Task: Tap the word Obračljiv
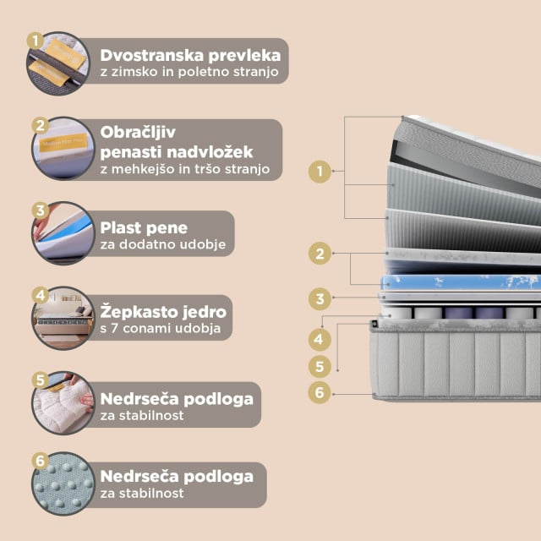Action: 139,134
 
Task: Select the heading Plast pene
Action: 144,227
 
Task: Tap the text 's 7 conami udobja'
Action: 161,328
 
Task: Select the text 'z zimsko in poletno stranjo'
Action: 189,73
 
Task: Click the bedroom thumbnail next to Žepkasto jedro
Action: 61,319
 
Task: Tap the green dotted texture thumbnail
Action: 61,484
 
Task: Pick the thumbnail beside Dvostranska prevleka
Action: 61,64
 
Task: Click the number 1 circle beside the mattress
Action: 320,172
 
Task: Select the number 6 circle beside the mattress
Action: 319,392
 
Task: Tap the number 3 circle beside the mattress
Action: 319,298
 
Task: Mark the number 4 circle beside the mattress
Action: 319,341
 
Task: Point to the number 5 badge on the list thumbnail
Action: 39,380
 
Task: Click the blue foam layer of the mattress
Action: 456,281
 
